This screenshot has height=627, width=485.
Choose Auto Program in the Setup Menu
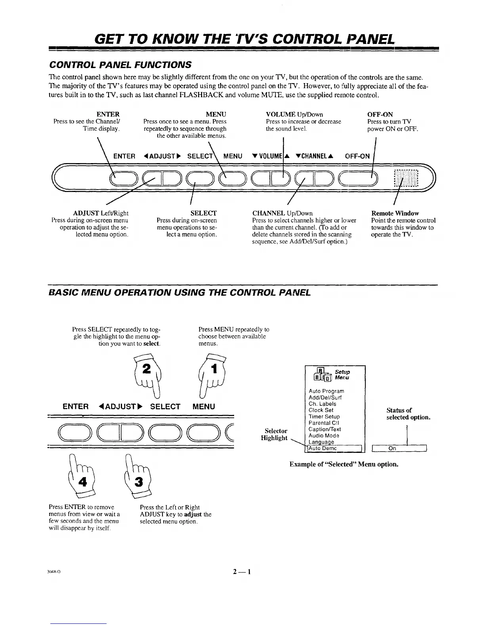(326, 391)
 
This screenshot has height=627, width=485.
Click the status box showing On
(399, 448)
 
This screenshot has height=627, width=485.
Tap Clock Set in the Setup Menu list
(321, 410)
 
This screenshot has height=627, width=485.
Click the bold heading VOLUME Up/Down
(294, 115)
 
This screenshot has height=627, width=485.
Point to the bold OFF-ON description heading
(380, 115)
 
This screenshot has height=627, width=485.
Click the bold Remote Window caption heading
(395, 213)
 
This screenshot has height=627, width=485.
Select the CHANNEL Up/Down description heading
(283, 213)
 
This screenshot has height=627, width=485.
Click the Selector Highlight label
(274, 434)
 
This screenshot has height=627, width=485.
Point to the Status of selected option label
(408, 414)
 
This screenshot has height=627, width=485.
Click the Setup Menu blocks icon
(319, 374)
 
